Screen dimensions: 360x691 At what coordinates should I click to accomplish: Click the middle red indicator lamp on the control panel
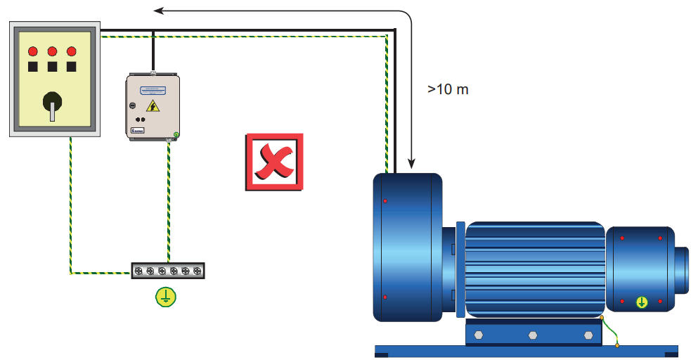coord(52,51)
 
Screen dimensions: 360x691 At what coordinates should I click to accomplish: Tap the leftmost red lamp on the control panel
coord(32,51)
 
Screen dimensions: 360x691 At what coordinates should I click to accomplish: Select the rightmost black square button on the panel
coord(71,67)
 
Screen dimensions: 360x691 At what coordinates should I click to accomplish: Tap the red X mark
coord(274,161)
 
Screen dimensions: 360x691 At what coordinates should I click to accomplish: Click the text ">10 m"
coord(448,89)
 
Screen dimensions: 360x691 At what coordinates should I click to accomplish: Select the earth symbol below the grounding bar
coord(166,297)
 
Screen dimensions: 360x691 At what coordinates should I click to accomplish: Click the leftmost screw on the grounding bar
coord(139,271)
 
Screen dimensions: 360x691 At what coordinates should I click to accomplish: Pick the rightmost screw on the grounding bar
coord(197,271)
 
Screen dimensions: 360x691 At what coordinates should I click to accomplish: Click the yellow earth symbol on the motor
coord(641,303)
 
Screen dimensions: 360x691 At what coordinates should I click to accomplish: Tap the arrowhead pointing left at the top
coord(160,11)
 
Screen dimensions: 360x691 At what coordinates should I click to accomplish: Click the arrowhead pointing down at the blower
coord(410,166)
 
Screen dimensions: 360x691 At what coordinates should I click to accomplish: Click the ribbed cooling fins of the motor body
coord(534,267)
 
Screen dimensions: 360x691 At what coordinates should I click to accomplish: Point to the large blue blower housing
coord(406,246)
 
